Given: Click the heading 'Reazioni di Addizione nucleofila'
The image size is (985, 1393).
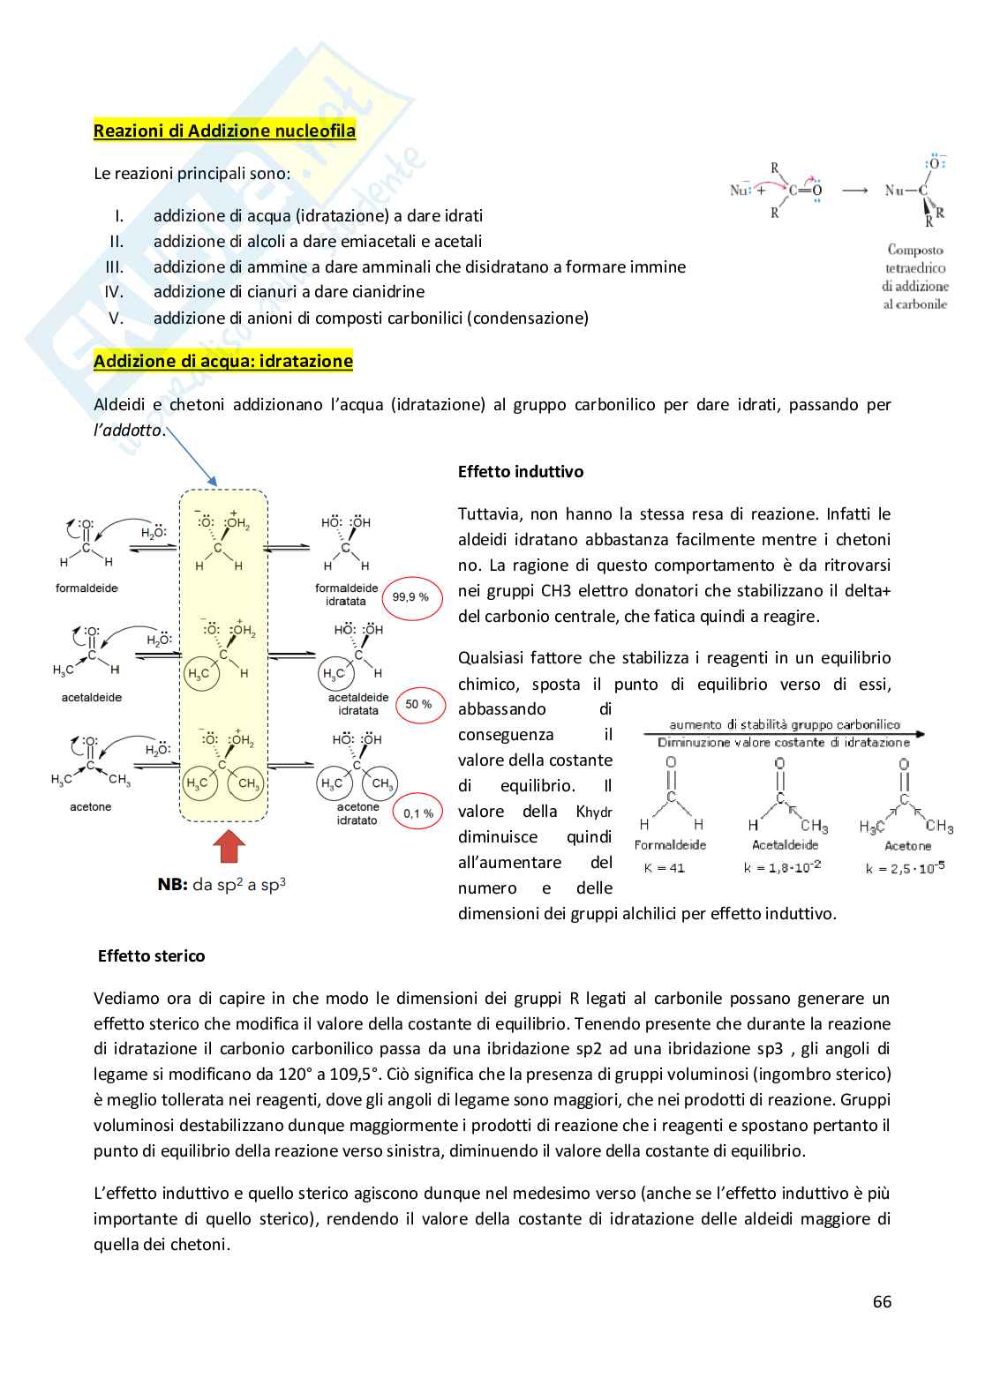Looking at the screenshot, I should click(224, 131).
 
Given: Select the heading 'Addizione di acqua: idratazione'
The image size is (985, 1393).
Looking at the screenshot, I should click(222, 361).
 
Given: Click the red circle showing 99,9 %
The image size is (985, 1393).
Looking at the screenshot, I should click(410, 597).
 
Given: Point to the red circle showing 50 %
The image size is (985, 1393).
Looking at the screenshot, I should click(418, 704).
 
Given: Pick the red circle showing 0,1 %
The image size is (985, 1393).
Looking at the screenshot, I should click(417, 813).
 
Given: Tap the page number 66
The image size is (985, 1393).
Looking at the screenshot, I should click(881, 1302).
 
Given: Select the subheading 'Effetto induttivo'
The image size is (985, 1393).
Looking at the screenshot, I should click(520, 472).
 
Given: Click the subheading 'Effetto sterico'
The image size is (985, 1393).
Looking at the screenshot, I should click(151, 956).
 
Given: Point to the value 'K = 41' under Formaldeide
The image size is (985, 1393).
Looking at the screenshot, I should click(664, 868).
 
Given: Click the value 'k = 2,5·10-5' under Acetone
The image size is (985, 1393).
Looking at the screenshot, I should click(905, 868).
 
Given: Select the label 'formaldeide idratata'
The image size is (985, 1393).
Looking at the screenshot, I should click(346, 595).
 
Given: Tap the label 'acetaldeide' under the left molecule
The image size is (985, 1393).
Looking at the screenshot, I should click(91, 698).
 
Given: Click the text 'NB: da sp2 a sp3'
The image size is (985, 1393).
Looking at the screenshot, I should click(222, 884).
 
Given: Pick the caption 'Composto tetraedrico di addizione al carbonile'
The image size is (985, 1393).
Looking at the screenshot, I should click(915, 277).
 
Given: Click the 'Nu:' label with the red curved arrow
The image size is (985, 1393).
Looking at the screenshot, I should click(740, 190).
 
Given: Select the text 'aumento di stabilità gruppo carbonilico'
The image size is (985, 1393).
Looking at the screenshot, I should click(784, 724).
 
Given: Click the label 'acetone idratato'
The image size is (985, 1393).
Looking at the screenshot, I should click(357, 813).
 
